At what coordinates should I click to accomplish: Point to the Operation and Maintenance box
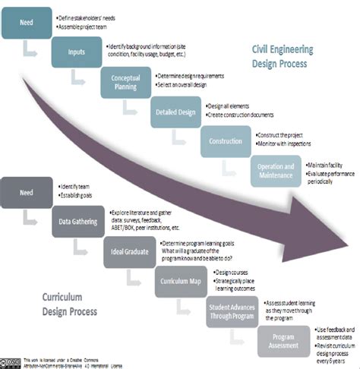click(x=276, y=170)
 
